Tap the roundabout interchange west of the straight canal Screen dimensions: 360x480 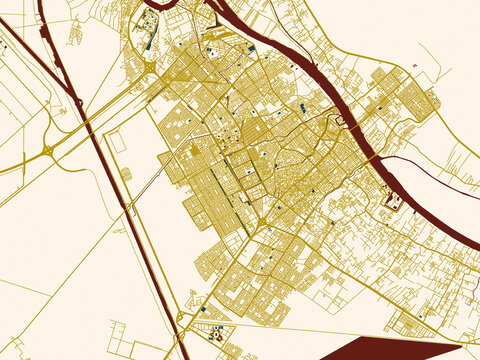pyautogui.click(x=48, y=151)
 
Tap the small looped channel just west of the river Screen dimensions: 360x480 pyautogui.click(x=340, y=120)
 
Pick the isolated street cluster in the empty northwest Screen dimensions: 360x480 pyautogui.click(x=74, y=33)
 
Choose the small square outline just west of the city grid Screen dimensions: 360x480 pyautogui.click(x=126, y=174)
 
